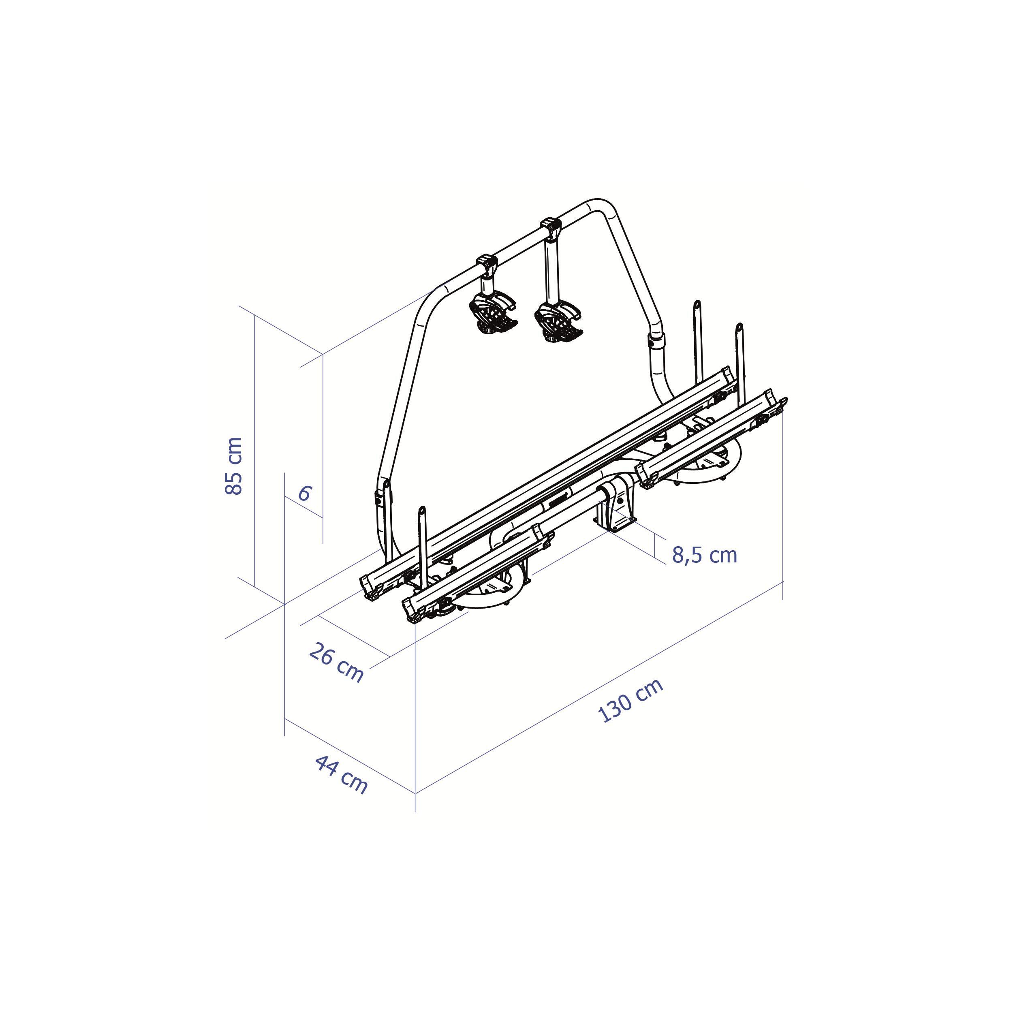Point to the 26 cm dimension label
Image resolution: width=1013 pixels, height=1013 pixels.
point(336,663)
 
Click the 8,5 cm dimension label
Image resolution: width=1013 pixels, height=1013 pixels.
point(705,555)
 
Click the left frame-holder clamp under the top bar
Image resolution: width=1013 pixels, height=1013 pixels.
point(493,309)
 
